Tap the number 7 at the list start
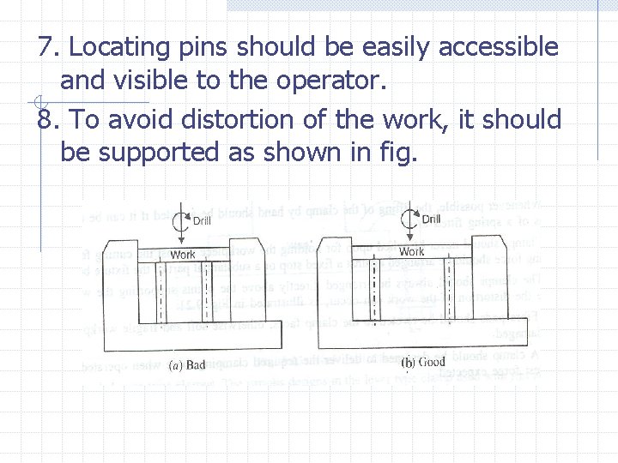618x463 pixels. pyautogui.click(x=45, y=48)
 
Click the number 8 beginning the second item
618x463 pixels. pyautogui.click(x=45, y=119)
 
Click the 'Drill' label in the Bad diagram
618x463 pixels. pyautogui.click(x=202, y=221)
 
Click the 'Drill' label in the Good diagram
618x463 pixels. pyautogui.click(x=431, y=219)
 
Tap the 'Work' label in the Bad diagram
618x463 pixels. pyautogui.click(x=183, y=255)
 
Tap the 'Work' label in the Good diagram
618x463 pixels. pyautogui.click(x=411, y=252)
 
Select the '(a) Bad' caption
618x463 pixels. pyautogui.click(x=187, y=365)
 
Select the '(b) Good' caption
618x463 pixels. pyautogui.click(x=423, y=363)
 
